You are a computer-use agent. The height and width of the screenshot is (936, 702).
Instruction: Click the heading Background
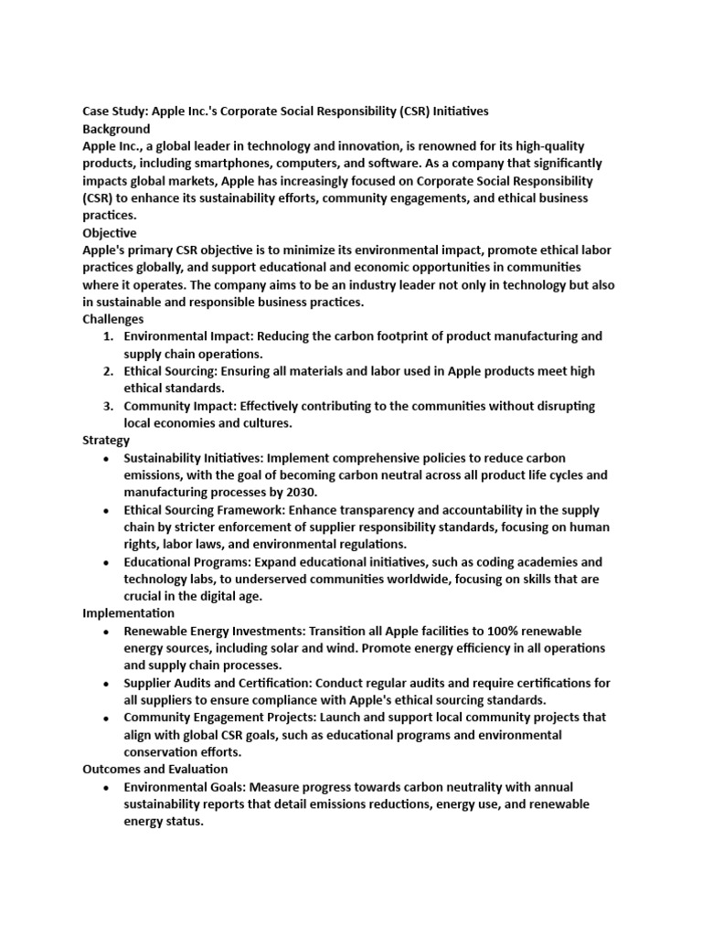coord(116,129)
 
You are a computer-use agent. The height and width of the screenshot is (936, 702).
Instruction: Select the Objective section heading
coord(110,233)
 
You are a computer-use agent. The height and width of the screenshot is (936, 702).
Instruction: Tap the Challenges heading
coord(113,319)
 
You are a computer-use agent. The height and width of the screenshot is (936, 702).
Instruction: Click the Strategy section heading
coord(106,440)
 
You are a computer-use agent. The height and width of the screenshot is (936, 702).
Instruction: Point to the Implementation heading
coord(129,613)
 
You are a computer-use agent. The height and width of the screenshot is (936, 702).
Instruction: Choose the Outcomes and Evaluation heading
coord(155,770)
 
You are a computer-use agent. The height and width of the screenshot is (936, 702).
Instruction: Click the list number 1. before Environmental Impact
coord(108,336)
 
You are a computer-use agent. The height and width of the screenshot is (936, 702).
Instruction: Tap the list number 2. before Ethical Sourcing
coord(108,371)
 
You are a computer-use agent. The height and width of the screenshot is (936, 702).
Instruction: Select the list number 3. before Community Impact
coord(108,406)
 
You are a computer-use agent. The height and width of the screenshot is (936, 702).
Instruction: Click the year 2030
coord(299,493)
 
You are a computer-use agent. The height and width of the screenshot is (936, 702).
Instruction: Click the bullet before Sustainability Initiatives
coord(108,458)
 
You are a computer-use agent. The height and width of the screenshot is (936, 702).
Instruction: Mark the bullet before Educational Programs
coord(108,562)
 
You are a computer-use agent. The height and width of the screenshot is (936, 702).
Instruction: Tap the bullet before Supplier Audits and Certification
coord(108,684)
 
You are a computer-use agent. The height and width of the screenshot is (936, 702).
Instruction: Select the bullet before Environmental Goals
coord(108,787)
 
